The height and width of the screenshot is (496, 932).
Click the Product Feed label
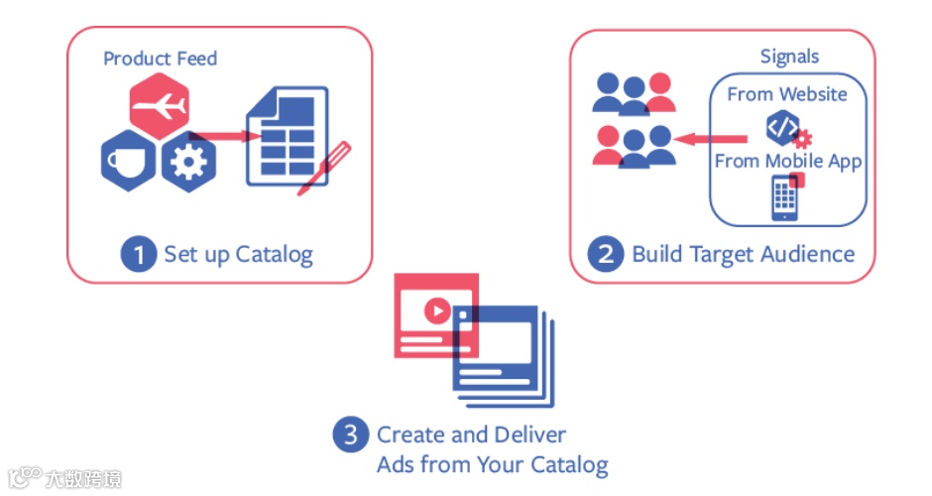tap(160, 59)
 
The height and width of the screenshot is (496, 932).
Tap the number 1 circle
tap(139, 254)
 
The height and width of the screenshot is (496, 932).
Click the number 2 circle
tap(606, 254)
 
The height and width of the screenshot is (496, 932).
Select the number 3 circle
tap(350, 434)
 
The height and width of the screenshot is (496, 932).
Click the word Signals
tap(789, 57)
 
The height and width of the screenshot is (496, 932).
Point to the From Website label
tap(787, 94)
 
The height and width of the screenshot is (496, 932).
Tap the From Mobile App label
tap(788, 161)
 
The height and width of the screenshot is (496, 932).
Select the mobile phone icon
tap(785, 197)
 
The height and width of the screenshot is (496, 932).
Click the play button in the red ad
tap(436, 311)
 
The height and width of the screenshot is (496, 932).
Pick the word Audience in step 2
tap(808, 254)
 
